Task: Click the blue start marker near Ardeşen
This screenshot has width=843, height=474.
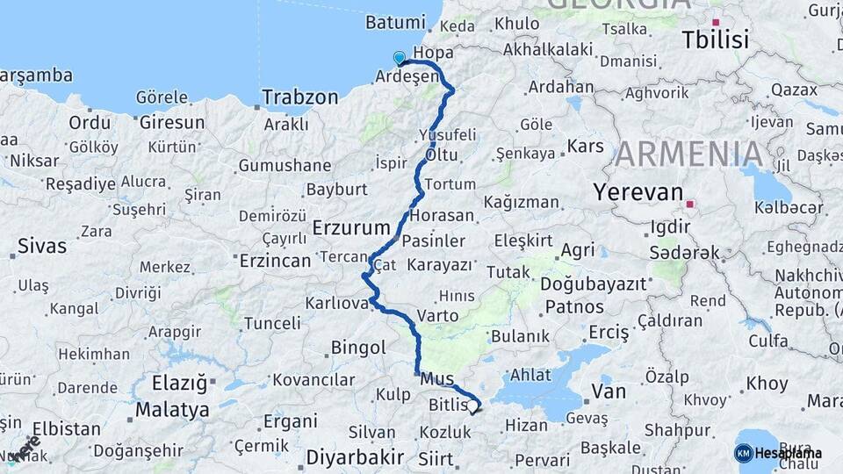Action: [400, 59]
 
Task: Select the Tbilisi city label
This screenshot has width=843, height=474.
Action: [716, 40]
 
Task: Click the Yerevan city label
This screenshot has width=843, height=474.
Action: [638, 192]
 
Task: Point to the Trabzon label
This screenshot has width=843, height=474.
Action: [300, 97]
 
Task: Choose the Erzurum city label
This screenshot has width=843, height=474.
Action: [351, 228]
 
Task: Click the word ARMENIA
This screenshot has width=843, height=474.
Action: [688, 154]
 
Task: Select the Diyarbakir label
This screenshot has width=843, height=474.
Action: [355, 457]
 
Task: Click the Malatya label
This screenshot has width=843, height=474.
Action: [173, 410]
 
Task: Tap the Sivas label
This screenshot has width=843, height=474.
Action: [42, 245]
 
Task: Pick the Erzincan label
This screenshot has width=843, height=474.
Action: [275, 261]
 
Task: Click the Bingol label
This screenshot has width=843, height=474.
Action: [358, 348]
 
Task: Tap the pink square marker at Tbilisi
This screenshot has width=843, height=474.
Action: [716, 22]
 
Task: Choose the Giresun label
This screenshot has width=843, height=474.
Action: [172, 122]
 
